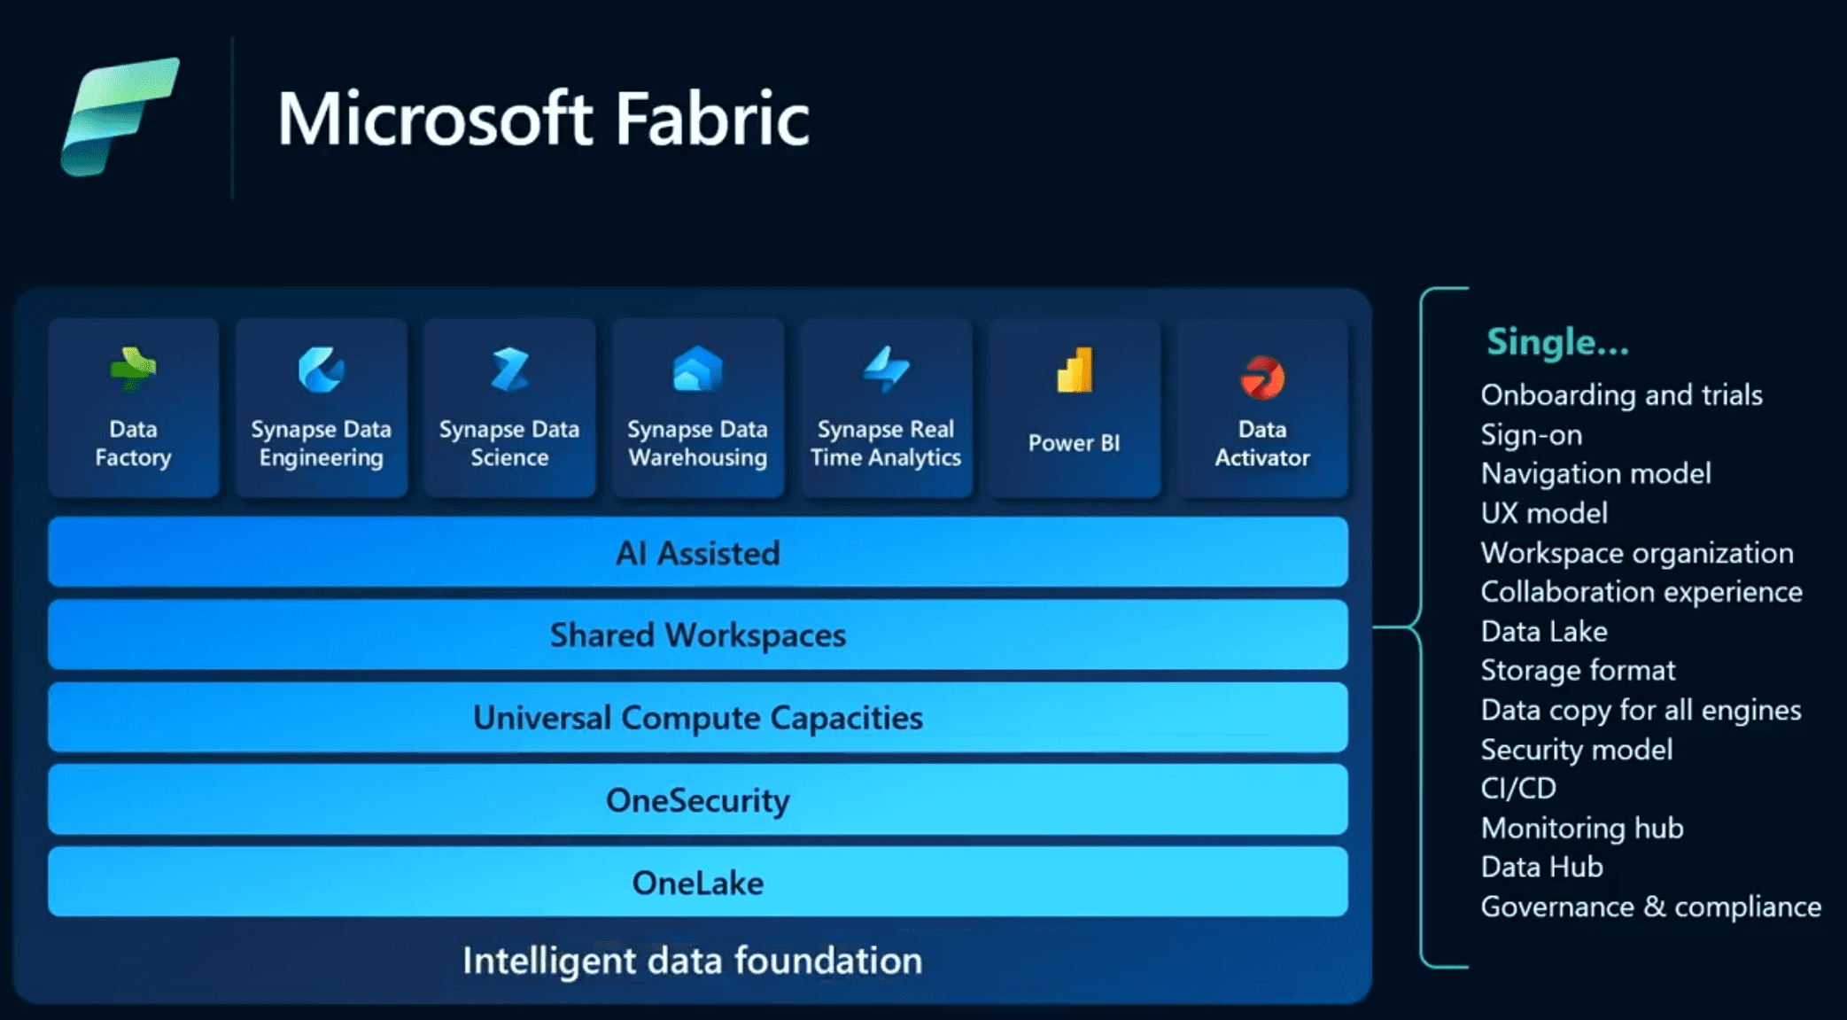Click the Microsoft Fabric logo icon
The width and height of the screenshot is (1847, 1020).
point(120,116)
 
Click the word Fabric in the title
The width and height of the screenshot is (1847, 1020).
point(711,119)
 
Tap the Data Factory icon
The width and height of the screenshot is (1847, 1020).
point(133,370)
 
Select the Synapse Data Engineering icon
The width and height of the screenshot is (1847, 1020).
point(321,370)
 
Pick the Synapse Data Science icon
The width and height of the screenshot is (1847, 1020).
point(509,370)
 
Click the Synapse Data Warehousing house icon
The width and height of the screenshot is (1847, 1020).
point(697,370)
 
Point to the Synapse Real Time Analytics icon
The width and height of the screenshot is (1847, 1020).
point(886,370)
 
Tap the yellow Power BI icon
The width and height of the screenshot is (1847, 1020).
point(1075,371)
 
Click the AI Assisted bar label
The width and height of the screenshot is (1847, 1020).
point(698,553)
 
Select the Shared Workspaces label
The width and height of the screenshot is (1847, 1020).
point(698,635)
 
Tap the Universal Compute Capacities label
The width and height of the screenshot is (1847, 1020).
point(698,718)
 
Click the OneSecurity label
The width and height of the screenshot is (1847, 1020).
point(698,800)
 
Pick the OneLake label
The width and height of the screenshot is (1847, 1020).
point(698,883)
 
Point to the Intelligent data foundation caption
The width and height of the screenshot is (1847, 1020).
point(693,961)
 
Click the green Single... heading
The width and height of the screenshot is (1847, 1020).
point(1557,342)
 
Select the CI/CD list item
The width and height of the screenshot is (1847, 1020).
point(1518,788)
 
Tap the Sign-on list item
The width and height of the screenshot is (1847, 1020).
point(1532,434)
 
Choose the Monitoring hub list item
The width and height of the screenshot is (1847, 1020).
point(1582,828)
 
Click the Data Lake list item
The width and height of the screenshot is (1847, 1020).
point(1544,631)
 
